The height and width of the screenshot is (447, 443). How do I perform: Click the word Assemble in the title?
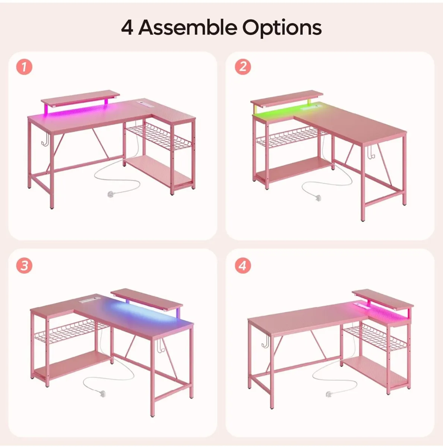(188, 28)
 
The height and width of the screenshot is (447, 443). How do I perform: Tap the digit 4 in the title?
(127, 28)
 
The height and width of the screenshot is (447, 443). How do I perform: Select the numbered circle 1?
(24, 67)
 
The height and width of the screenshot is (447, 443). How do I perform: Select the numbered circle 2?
(243, 67)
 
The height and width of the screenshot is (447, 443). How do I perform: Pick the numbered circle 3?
(24, 266)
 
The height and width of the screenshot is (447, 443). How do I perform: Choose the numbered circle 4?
(243, 266)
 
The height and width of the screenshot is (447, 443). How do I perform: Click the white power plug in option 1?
(111, 194)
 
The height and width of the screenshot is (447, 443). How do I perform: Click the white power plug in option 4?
(329, 394)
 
